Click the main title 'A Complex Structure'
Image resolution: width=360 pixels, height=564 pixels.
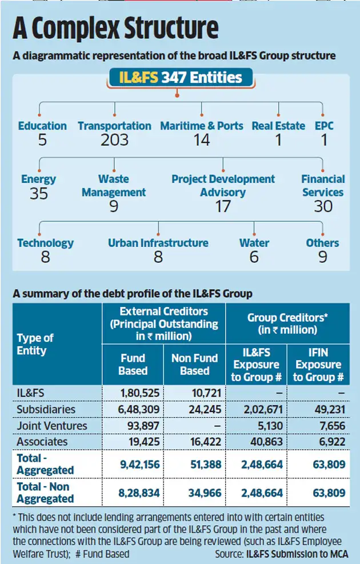click(x=117, y=29)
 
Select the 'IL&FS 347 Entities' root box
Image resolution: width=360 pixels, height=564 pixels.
click(x=181, y=78)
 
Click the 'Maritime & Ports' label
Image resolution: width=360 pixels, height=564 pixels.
click(x=202, y=126)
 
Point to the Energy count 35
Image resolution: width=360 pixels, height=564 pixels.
click(x=38, y=194)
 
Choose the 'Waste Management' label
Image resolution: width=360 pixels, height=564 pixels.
click(x=114, y=186)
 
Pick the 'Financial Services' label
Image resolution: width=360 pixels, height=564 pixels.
click(x=323, y=186)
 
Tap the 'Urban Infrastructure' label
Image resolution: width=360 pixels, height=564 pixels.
click(x=158, y=243)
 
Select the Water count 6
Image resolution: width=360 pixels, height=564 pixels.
click(x=254, y=258)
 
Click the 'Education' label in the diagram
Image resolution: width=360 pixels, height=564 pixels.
click(x=42, y=126)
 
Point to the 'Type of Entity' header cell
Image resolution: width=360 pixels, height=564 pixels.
click(x=35, y=345)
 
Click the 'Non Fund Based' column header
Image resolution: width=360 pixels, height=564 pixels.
click(x=195, y=364)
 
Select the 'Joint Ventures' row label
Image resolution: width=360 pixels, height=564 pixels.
click(x=52, y=426)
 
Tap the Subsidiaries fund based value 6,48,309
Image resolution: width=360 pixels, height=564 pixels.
click(x=133, y=410)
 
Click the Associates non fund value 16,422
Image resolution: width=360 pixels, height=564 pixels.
click(x=194, y=442)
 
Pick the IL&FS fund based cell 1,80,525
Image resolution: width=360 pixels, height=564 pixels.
click(x=133, y=394)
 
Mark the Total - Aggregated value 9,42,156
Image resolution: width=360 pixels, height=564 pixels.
click(x=133, y=465)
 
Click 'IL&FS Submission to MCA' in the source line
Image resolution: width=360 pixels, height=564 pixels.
click(x=297, y=554)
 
